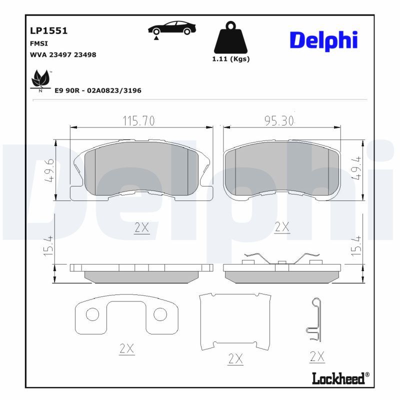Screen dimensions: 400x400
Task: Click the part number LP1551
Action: [48, 31]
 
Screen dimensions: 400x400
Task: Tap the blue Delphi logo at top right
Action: [323, 41]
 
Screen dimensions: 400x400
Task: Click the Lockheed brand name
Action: [338, 378]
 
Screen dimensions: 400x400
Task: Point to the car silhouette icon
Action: [171, 28]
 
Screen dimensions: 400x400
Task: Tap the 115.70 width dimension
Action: [138, 121]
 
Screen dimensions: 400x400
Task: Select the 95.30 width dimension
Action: [279, 120]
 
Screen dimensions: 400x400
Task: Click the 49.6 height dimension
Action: [49, 170]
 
